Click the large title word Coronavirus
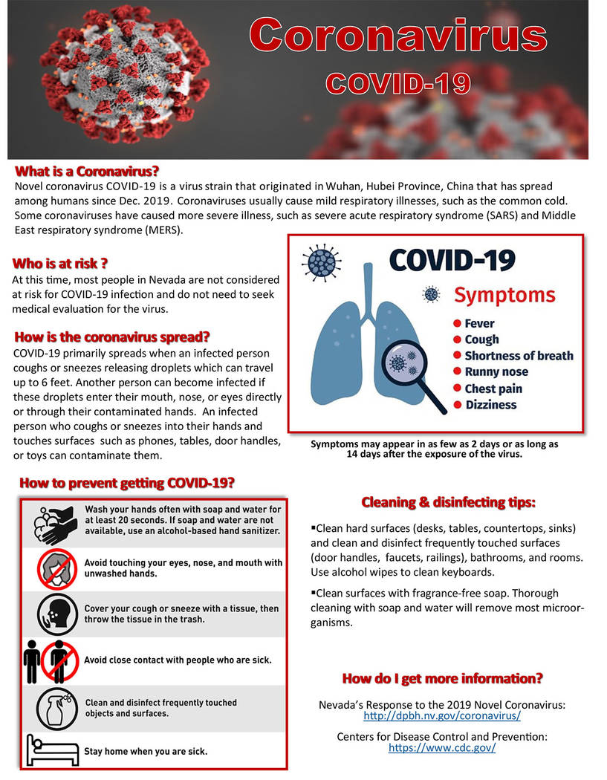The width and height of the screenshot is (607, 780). coord(398,36)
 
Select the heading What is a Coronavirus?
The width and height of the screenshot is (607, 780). coord(87,171)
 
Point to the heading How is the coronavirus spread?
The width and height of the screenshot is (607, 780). coord(111,336)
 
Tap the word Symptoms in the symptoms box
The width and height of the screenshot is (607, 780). coord(504,295)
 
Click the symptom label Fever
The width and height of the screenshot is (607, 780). coord(479,323)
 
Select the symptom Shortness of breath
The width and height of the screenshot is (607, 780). coord(519,356)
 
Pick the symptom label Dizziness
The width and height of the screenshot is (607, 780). coord(490,405)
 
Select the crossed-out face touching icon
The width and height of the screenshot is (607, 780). coord(57,568)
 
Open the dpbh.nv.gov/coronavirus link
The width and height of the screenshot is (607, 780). coord(442,717)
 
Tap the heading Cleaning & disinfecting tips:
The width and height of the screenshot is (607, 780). coord(448,503)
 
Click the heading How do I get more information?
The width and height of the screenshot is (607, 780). coord(442,678)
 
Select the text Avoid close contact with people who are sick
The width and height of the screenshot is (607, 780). coord(178,660)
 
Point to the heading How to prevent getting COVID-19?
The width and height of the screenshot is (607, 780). coord(127,483)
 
